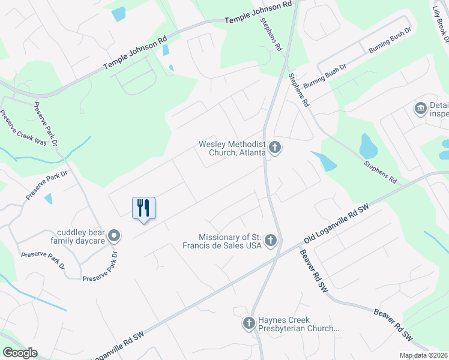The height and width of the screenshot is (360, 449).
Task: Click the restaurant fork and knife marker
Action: click(143, 208)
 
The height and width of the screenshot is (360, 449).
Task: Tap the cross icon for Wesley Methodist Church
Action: click(275, 148)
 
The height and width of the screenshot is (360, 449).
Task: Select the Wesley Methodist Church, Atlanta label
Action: click(233, 148)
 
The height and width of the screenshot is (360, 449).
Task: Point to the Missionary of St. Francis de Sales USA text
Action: click(222, 241)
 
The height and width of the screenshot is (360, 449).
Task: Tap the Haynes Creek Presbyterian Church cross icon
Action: click(249, 324)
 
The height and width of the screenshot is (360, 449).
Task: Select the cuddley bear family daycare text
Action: click(81, 236)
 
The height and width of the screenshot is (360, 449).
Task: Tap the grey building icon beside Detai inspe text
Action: click(421, 109)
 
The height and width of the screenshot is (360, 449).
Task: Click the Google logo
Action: click(20, 353)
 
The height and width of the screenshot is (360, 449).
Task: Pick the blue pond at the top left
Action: click(119, 14)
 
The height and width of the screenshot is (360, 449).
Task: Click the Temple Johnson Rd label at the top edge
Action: click(258, 12)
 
